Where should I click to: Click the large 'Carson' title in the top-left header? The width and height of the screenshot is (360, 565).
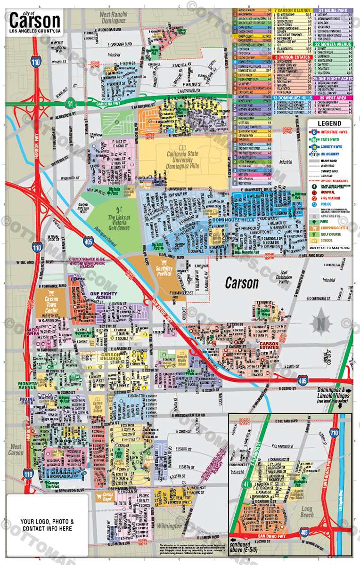click(35, 20)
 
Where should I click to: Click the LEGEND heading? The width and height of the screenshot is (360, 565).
click(329, 123)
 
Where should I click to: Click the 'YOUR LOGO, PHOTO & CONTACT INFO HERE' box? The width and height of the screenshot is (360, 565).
click(46, 525)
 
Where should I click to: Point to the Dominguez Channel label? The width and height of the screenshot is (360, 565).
click(109, 243)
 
